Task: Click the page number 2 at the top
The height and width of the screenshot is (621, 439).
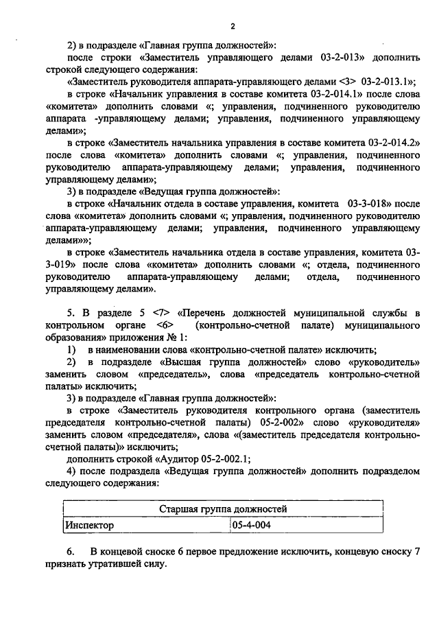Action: [233, 27]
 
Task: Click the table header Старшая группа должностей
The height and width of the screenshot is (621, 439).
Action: [223, 509]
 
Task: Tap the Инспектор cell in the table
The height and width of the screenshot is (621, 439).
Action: [89, 525]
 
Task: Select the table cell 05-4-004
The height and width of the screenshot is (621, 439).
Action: [251, 525]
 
